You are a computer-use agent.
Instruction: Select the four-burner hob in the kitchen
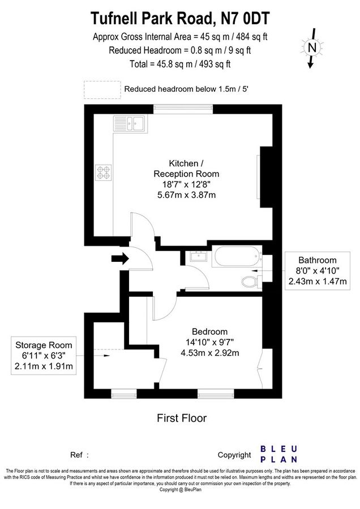105,171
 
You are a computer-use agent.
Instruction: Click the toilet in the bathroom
248,281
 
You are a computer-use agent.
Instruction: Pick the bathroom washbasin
198,257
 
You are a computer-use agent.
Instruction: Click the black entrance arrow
119,259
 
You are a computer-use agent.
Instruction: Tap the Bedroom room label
209,331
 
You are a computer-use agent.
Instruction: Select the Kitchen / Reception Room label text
186,168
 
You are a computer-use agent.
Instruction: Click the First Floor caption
181,419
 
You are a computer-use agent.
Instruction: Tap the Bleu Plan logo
280,454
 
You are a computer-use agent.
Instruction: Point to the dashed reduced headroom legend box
102,89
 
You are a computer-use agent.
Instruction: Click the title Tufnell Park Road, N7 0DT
180,19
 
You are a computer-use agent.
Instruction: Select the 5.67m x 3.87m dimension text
186,195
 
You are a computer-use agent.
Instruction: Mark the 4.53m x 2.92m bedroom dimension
209,353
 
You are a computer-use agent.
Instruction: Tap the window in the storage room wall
121,392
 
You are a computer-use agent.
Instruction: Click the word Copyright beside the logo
234,455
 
